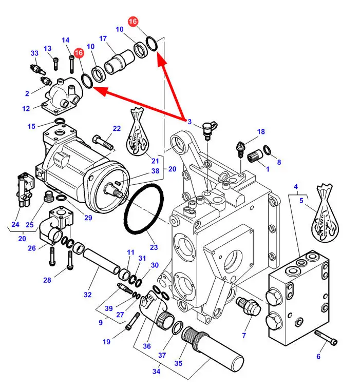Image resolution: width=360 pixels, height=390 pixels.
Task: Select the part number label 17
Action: click(103, 38)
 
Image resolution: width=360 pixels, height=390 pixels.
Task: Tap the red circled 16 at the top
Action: click(133, 22)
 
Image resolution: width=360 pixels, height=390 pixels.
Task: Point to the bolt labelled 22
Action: click(103, 143)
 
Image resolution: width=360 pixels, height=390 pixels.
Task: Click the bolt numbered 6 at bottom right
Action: click(326, 338)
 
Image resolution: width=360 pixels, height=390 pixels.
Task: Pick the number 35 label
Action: click(178, 363)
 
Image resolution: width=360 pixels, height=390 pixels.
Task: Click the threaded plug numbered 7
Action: click(248, 306)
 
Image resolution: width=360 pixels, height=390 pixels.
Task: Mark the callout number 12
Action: click(26, 109)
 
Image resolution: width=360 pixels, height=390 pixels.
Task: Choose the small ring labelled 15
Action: click(60, 122)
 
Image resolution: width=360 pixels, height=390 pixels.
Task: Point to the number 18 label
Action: click(261, 131)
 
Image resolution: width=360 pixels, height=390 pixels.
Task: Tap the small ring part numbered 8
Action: click(267, 150)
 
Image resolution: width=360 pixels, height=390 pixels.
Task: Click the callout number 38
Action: click(156, 171)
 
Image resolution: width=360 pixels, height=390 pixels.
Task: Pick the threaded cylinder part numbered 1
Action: click(255, 155)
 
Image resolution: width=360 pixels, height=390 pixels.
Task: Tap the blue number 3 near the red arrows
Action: click(190, 122)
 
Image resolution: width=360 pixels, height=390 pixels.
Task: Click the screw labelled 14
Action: click(72, 65)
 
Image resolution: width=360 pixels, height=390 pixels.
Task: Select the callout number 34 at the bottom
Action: click(156, 372)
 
